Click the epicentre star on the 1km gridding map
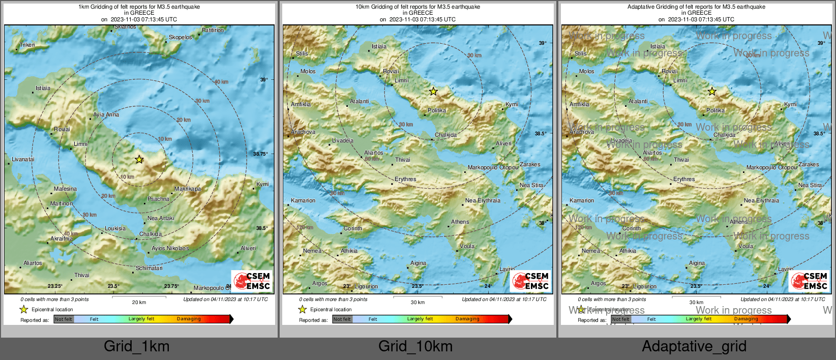tap(139, 160)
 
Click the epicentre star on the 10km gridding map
tap(433, 92)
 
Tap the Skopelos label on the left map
tap(181, 37)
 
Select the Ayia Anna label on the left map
tap(106, 114)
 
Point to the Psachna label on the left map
tap(158, 199)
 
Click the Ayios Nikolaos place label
tap(170, 248)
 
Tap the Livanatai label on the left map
tap(23, 159)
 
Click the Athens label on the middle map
tap(460, 222)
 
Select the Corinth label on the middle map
tap(353, 228)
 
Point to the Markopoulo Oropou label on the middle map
tap(493, 167)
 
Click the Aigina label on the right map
tap(697, 263)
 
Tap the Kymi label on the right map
tap(790, 104)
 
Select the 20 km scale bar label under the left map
tap(139, 302)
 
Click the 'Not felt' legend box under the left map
tap(64, 319)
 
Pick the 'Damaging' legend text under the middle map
tap(467, 319)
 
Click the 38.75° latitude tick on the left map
tap(262, 154)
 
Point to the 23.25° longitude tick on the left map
tap(55, 286)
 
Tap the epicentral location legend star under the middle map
tap(303, 309)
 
